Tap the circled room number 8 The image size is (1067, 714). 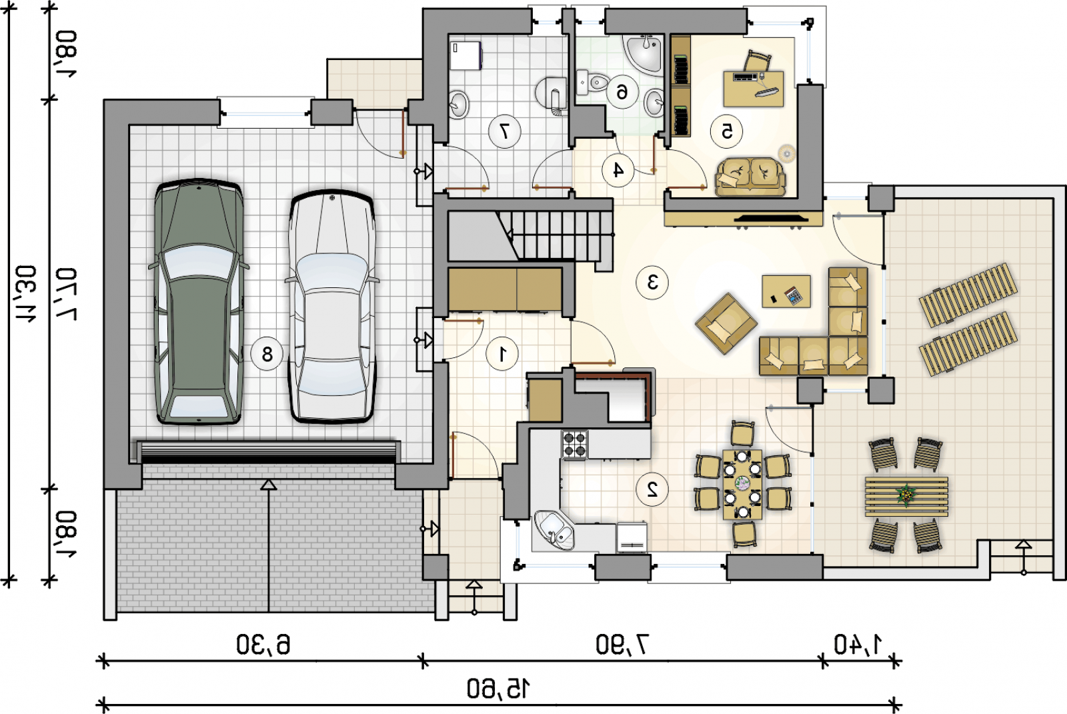click(267, 354)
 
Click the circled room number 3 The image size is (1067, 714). click(652, 283)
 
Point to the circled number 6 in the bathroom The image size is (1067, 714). click(622, 91)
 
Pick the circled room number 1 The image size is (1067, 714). click(502, 354)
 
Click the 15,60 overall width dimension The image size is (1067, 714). click(498, 689)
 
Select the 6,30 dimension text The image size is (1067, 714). click(263, 645)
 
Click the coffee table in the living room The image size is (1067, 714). click(786, 291)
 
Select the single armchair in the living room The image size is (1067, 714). click(726, 323)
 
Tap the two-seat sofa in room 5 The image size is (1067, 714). click(750, 177)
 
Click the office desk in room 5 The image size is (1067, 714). click(753, 89)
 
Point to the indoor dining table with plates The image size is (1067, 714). click(742, 484)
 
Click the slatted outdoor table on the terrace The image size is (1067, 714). click(906, 496)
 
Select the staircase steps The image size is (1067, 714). click(554, 235)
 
